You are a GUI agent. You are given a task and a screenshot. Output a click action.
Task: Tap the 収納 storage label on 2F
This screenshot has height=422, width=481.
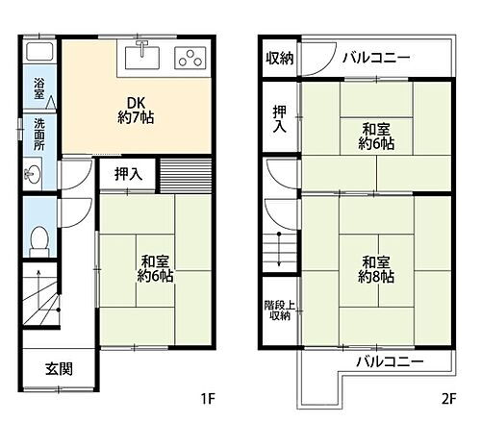click(x=281, y=57)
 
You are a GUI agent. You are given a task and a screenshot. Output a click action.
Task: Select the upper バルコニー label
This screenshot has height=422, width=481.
click(x=376, y=57)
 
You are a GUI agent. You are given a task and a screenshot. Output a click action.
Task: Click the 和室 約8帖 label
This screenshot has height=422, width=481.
click(x=377, y=266)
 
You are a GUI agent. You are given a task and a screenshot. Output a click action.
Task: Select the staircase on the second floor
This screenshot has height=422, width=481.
click(x=278, y=255)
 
